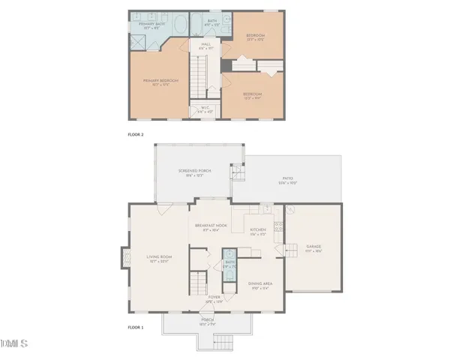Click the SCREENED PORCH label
194,171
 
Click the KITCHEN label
257,229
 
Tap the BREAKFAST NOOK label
211,226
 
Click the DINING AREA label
260,283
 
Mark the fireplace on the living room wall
122,259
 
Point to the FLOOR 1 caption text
137,327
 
